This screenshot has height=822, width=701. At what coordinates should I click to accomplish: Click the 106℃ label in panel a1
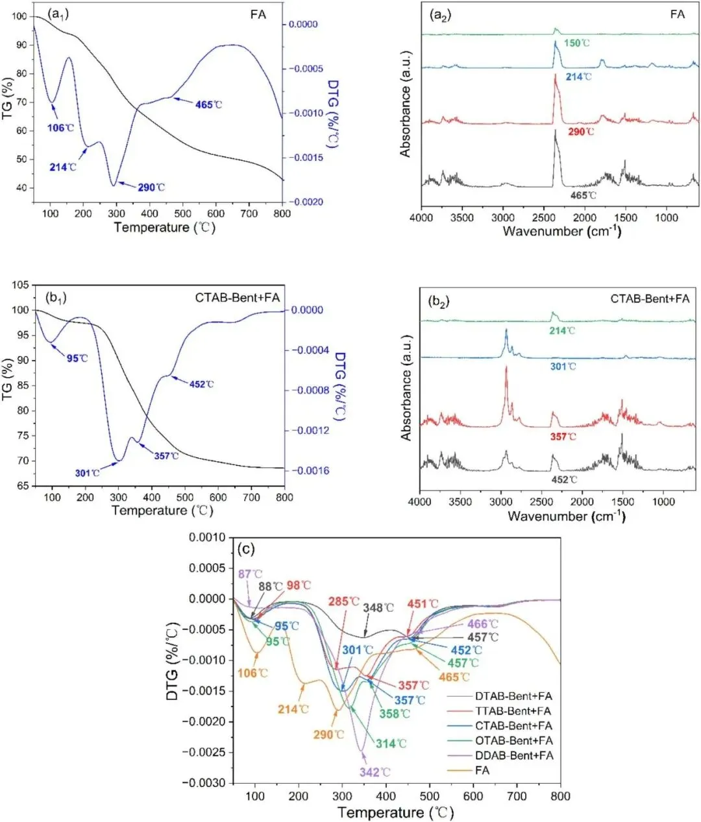pyautogui.click(x=58, y=128)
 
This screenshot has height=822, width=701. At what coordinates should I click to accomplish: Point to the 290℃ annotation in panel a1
pyautogui.click(x=151, y=187)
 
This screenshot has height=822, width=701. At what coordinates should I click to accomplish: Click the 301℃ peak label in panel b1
pyautogui.click(x=87, y=473)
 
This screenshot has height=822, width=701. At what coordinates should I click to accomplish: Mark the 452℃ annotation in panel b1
pyautogui.click(x=201, y=384)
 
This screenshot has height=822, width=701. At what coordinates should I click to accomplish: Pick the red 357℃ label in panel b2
pyautogui.click(x=563, y=437)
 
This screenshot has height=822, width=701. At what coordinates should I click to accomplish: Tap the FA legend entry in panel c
pyautogui.click(x=482, y=771)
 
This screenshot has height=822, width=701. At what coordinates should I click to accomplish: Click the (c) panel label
pyautogui.click(x=246, y=549)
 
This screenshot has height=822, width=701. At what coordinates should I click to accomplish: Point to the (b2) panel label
pyautogui.click(x=439, y=302)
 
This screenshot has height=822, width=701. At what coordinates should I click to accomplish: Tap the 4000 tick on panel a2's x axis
pyautogui.click(x=421, y=218)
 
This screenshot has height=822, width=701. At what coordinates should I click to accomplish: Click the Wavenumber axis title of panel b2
pyautogui.click(x=566, y=516)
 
